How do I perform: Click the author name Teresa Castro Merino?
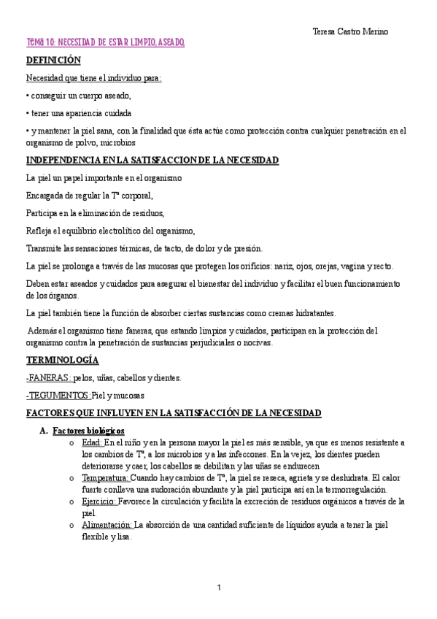coord(350,31)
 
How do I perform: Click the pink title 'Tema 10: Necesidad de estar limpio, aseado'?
coord(105,44)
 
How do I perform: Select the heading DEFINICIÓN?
coord(53,60)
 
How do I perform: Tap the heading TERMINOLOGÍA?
coord(62,361)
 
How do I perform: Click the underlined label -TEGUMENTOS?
coord(58,395)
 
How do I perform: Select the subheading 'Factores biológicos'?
coord(89,431)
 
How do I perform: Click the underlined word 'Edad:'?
coord(93,442)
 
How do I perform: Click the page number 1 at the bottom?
coord(218,588)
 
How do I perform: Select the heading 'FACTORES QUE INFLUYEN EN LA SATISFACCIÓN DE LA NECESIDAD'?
coord(174,413)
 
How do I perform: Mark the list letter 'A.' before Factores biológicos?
coord(43,431)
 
